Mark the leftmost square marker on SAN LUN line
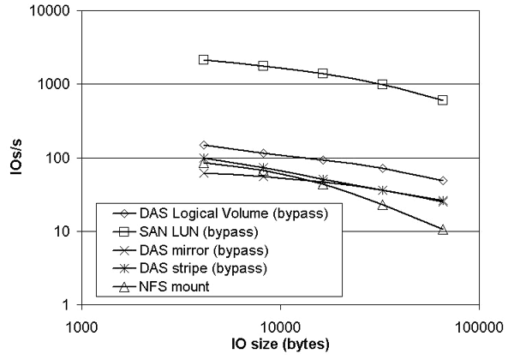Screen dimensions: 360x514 pos(204,59)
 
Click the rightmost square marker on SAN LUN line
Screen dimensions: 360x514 pos(443,100)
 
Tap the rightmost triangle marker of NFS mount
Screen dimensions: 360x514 pos(443,229)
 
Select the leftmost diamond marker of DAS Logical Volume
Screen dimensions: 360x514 pos(204,145)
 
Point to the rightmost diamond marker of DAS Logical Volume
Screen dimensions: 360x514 pos(443,181)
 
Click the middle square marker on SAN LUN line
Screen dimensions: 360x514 pos(323,74)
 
